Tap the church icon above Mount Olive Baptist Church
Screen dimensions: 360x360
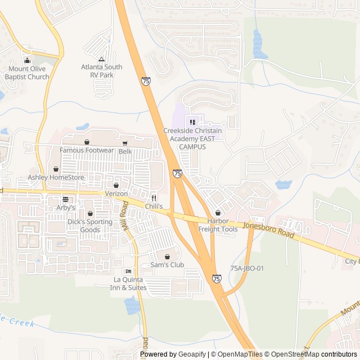coord(27,61)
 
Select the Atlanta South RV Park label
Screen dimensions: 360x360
coord(101,71)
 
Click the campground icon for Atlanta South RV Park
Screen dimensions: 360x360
coord(101,59)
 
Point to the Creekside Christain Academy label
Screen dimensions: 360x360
coord(192,138)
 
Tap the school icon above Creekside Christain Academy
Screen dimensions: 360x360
coord(192,122)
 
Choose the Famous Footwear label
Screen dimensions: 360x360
coord(87,150)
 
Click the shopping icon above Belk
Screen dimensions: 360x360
coord(124,143)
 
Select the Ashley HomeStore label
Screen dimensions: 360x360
coord(56,178)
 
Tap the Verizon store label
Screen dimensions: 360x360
coord(116,193)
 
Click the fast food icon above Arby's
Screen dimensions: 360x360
coord(65,199)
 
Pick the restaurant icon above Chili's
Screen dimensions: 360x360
coord(154,198)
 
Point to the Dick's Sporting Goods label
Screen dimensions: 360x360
coord(90,226)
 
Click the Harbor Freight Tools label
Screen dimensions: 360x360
coord(218,226)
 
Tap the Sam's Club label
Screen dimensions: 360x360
coord(167,264)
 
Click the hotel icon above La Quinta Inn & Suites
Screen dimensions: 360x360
coord(128,271)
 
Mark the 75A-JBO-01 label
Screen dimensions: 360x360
coord(247,268)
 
